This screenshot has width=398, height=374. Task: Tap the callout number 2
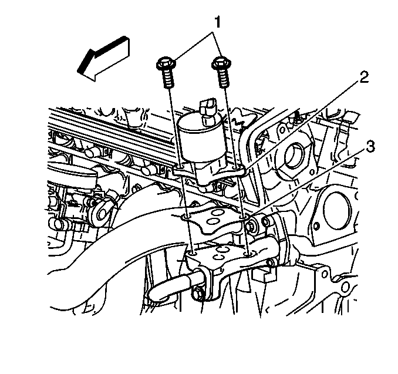coord(363,78)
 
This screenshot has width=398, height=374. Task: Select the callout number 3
coord(370,147)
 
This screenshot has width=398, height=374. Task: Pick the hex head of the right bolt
coord(221,63)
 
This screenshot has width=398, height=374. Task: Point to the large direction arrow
coord(104,59)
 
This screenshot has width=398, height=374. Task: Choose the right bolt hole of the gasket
coord(244,217)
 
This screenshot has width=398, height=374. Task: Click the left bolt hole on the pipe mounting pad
coord(193,253)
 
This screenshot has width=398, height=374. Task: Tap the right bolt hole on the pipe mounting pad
coord(248,254)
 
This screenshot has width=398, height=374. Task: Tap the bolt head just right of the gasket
coord(252,225)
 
